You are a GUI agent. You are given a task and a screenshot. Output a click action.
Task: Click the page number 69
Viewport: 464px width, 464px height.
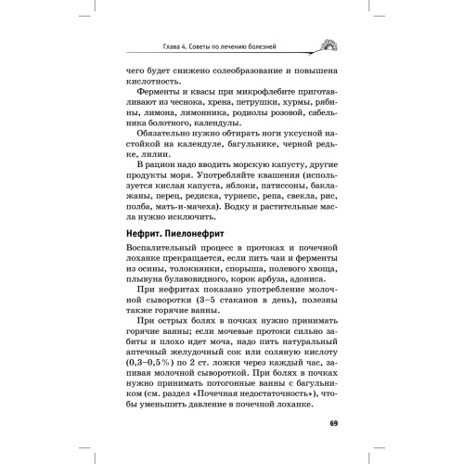335,425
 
